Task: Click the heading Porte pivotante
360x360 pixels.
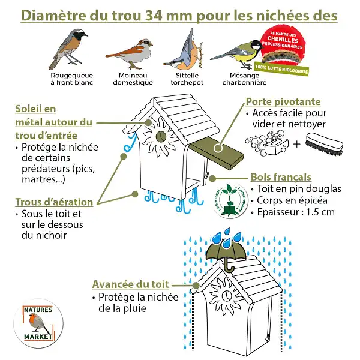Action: pyautogui.click(x=283, y=101)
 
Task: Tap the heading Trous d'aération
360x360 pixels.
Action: pyautogui.click(x=54, y=202)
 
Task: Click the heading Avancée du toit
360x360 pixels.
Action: pyautogui.click(x=130, y=284)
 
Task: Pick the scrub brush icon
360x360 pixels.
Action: pyautogui.click(x=323, y=145)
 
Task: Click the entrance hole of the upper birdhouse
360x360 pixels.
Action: pyautogui.click(x=161, y=137)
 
